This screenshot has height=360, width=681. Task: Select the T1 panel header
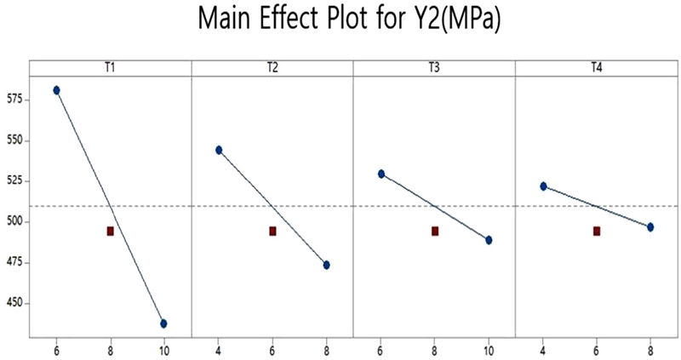[x=110, y=67]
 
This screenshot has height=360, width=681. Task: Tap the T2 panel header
[x=272, y=67]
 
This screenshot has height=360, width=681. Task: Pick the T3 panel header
[x=434, y=67]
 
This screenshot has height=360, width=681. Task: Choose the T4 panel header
[x=597, y=67]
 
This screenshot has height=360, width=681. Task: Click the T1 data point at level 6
[x=57, y=90]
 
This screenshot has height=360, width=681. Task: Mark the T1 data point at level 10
[x=163, y=323]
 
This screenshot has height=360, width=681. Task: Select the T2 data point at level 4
[x=219, y=150]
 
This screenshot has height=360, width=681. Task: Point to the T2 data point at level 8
[x=326, y=265]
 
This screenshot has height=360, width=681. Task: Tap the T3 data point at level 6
[x=381, y=174]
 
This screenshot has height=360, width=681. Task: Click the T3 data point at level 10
[x=489, y=240]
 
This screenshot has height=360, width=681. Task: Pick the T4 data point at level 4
[x=543, y=186]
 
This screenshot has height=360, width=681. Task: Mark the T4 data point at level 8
[x=650, y=227]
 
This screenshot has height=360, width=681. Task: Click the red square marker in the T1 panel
[x=111, y=231]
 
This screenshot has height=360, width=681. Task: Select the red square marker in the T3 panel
[x=435, y=231]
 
